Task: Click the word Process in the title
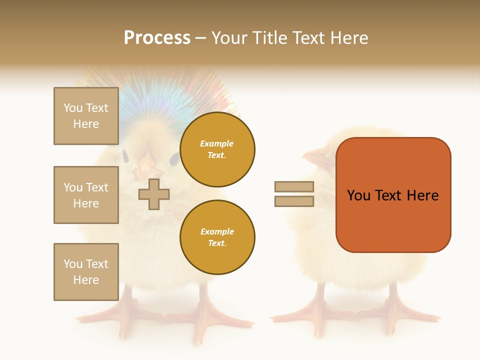coord(157,38)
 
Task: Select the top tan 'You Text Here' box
coord(86,116)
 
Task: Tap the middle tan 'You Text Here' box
coord(86,195)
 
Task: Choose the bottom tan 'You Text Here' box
coord(86,272)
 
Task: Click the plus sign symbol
coord(154,194)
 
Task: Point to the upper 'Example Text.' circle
coord(217,149)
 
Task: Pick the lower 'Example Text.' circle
coord(217,237)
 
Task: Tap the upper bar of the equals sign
coord(294,186)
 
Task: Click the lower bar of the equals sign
coord(294,201)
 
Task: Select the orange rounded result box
coord(393,195)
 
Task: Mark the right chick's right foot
coord(400,315)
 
